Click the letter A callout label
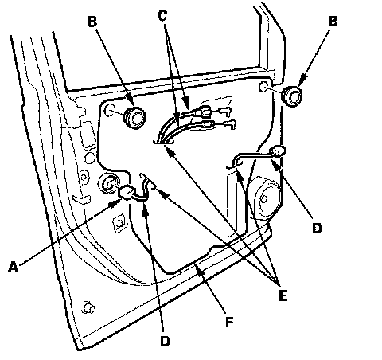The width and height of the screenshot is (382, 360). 14,267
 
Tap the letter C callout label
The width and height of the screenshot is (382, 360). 162,15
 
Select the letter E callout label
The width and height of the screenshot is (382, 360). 283,295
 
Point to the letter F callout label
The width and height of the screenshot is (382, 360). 229,323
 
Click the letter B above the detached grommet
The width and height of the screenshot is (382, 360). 333,22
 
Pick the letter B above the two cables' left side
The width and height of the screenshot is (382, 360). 92,22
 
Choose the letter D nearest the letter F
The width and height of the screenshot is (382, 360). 165,341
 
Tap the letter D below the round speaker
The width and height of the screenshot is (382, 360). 317,228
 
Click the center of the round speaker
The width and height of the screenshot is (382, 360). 264,198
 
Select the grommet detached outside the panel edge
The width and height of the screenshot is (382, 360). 292,96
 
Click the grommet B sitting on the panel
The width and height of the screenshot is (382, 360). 134,118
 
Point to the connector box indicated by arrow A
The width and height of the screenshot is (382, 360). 127,192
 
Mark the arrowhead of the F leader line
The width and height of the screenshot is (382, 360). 199,269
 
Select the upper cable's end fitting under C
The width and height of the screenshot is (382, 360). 206,112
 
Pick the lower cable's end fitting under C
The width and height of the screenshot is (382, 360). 208,124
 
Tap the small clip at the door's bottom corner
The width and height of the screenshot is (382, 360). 89,307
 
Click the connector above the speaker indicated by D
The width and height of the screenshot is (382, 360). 278,151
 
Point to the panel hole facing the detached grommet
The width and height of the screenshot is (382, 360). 263,87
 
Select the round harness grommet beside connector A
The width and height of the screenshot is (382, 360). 108,183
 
